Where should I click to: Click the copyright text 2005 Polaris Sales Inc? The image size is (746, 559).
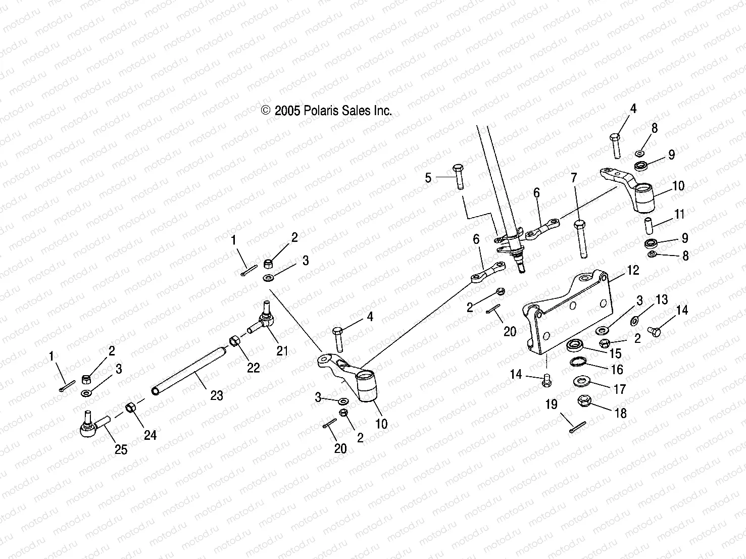[326, 111]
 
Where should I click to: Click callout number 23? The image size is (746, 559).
[216, 395]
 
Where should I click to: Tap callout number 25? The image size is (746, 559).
[121, 449]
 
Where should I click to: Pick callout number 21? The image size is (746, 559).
[282, 350]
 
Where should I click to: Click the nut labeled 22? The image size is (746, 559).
[235, 341]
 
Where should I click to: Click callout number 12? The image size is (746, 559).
[633, 270]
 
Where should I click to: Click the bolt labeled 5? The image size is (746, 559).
[458, 176]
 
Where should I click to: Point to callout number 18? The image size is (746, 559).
[620, 413]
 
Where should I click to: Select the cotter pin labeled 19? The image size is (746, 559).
[576, 427]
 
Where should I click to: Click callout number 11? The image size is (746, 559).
[679, 215]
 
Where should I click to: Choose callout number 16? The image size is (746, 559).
[617, 370]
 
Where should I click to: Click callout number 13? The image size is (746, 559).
[662, 299]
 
